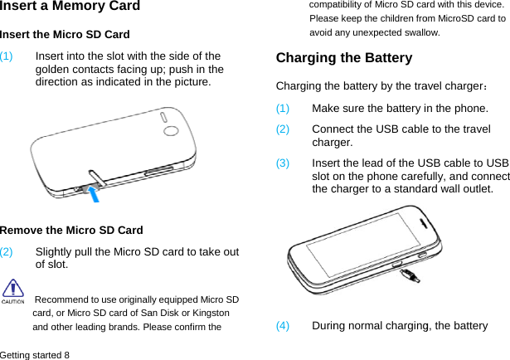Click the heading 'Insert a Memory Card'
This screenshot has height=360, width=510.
(70, 7)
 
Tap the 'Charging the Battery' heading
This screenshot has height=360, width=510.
(343, 59)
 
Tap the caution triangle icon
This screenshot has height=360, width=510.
(12, 289)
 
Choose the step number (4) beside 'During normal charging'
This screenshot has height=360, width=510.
(283, 326)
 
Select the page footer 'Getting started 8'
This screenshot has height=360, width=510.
(35, 354)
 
